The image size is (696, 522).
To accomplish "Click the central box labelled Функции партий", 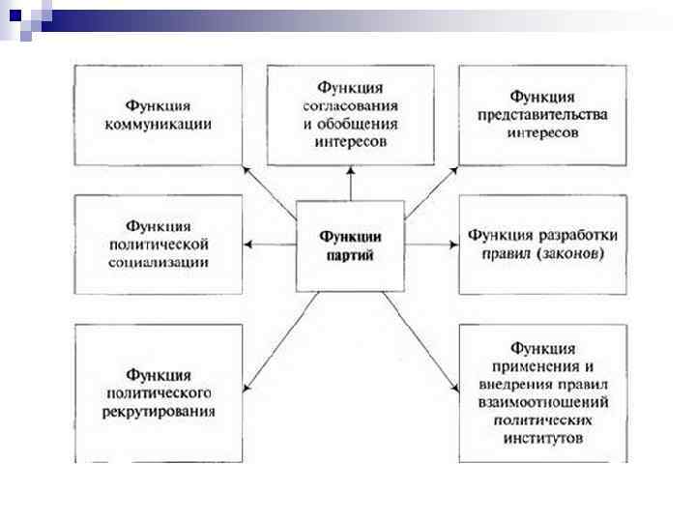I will pos(349,246).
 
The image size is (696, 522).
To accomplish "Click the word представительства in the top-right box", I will pos(541,115).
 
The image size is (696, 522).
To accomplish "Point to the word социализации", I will pos(158,262).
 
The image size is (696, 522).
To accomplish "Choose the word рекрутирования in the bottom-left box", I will pos(158,411).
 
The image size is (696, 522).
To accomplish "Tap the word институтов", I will pos(541,438).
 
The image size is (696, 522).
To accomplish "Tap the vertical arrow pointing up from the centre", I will pos(349,183).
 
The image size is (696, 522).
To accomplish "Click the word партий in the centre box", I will pos(349,256).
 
